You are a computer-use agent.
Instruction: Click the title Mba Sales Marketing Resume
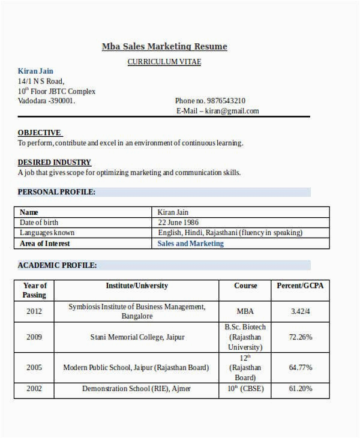[164, 46]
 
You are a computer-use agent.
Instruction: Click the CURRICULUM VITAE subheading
[164, 62]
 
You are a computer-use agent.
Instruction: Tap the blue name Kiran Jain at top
[35, 71]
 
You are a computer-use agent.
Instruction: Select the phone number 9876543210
[226, 101]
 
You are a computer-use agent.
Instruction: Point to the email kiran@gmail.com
[232, 111]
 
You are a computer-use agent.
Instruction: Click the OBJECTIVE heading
[40, 133]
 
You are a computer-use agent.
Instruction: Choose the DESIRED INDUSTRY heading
[55, 162]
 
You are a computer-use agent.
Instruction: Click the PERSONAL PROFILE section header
[56, 192]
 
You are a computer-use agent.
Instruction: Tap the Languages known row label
[47, 233]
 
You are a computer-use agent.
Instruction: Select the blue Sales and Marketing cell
[190, 244]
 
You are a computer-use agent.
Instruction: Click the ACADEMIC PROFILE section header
[57, 265]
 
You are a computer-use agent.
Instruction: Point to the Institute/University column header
[137, 286]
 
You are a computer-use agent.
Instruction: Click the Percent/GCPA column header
[299, 286]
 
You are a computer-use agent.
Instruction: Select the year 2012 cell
[34, 311]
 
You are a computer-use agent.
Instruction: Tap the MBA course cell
[245, 311]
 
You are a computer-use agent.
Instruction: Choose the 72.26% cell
[300, 337]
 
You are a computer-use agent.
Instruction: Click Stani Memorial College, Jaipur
[137, 337]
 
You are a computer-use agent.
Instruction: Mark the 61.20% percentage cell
[300, 389]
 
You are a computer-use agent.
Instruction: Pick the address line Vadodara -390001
[47, 101]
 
